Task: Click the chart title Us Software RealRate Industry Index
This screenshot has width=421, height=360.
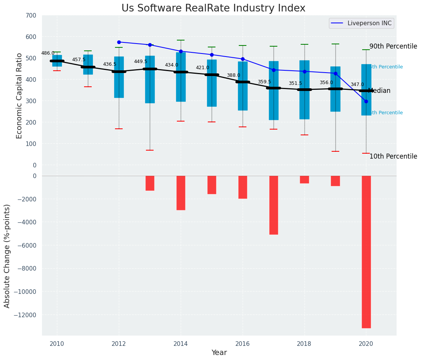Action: tap(213, 8)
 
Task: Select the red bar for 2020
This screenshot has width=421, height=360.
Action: tap(366, 251)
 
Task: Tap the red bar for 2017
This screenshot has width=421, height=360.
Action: tap(274, 205)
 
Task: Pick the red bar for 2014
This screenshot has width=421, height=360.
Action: tap(181, 193)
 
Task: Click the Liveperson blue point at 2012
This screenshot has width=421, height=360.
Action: tap(119, 42)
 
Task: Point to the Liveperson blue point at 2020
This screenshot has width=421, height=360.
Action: tap(366, 101)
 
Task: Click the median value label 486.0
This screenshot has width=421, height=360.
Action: tap(48, 54)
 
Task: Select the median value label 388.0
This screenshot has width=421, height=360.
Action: tap(233, 76)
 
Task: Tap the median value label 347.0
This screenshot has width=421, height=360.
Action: tap(357, 85)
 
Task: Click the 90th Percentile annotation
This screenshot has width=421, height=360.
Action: tap(393, 47)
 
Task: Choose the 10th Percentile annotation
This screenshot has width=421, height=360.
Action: tap(393, 157)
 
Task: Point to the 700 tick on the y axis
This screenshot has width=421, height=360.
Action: tap(31, 16)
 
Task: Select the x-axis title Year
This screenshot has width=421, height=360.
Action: tap(219, 353)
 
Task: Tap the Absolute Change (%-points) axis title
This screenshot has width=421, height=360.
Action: tap(7, 256)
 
